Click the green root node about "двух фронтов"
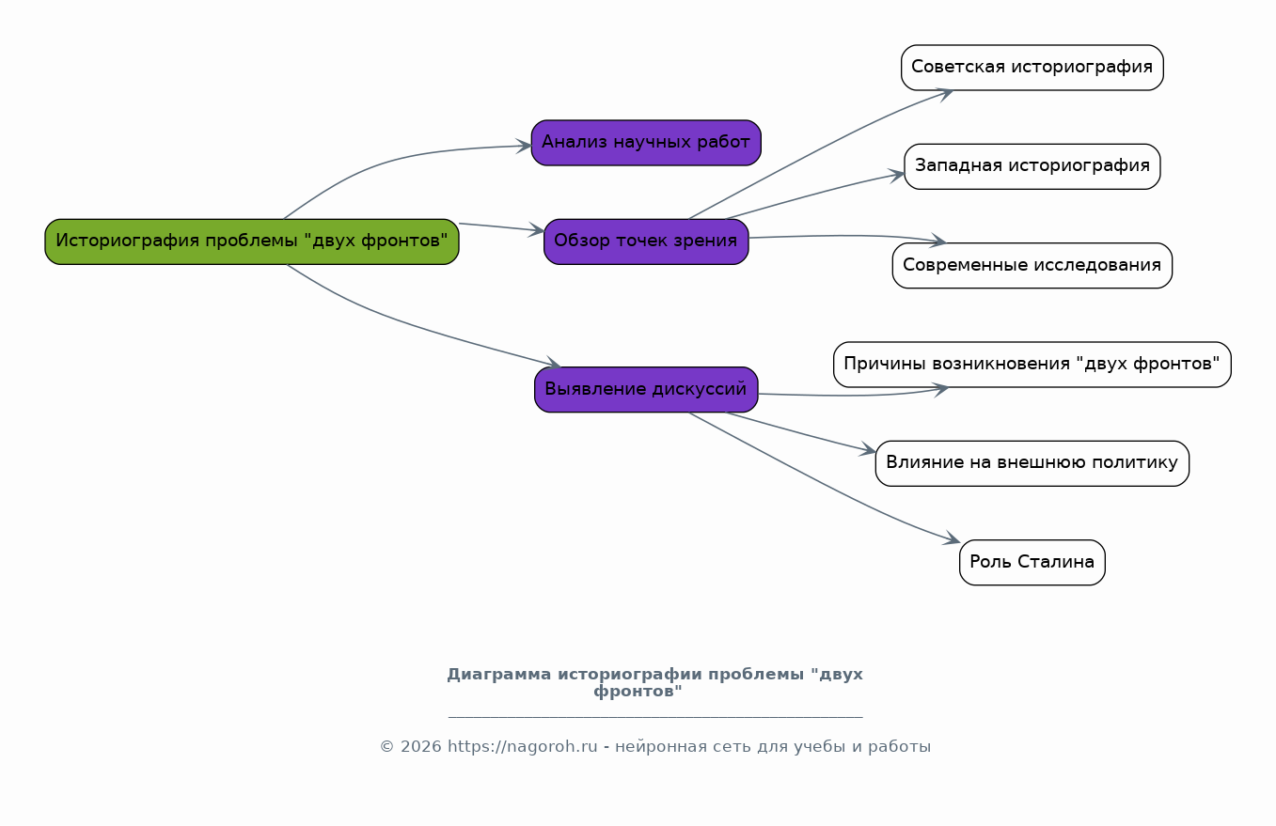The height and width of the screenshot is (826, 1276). point(252,242)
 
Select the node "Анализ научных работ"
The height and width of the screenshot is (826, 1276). point(646,143)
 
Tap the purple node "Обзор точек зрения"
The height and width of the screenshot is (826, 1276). point(646,242)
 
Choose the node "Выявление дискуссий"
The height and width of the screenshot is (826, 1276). point(646,389)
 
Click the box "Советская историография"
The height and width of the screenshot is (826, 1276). point(1032,68)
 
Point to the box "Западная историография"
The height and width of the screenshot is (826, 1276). point(1032,166)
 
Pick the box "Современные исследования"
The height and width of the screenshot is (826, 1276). point(1032,265)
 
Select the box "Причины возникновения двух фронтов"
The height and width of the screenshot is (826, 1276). point(1032,365)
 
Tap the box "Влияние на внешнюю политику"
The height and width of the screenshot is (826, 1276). point(1032,463)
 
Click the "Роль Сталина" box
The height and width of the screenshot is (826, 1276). point(1032,563)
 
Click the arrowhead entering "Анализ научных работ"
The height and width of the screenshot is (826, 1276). point(524,146)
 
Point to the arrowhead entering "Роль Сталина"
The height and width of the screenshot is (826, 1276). point(953,538)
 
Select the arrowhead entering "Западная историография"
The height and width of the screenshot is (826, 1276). point(897,176)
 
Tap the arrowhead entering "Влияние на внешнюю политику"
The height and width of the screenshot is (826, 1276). point(868,450)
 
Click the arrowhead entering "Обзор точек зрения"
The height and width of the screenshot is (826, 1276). point(536,230)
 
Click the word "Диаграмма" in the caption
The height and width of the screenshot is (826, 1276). point(499,675)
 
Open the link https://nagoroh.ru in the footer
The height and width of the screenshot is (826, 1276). point(523,746)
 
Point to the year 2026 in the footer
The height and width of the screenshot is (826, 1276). point(421,746)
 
